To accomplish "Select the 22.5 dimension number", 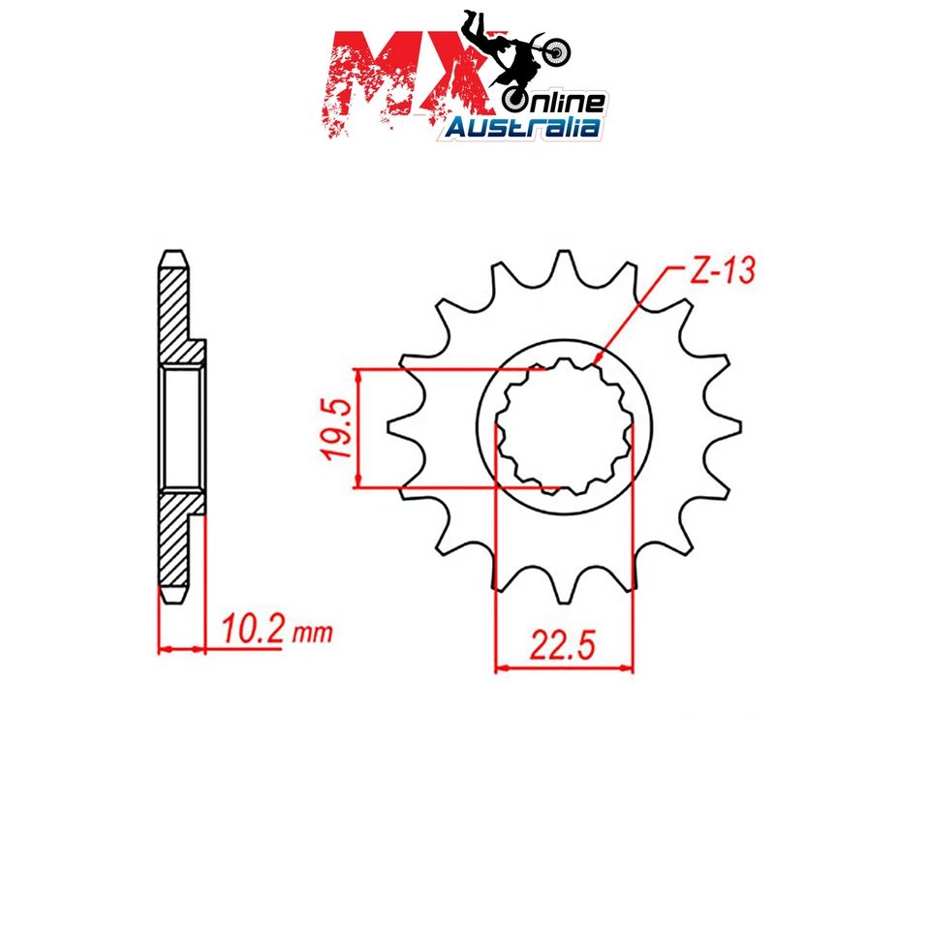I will tap(564, 643).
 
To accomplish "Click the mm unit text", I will tap(312, 635).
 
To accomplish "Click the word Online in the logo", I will tap(555, 101).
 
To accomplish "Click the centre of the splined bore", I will tap(565, 426).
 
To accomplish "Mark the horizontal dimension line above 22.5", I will tap(564, 666).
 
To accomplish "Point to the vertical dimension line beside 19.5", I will tap(359, 427).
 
